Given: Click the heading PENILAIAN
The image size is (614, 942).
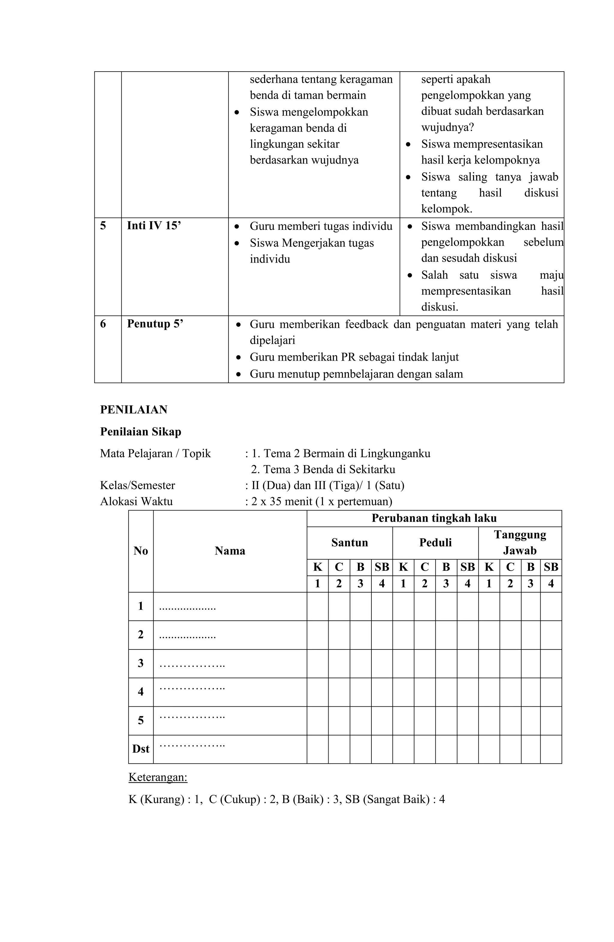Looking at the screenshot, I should [133, 410].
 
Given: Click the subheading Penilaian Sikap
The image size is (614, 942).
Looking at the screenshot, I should [141, 431].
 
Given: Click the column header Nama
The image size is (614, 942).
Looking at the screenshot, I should [230, 551].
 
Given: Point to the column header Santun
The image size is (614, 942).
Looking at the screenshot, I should [349, 542].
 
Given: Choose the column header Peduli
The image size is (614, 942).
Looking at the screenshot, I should [435, 542].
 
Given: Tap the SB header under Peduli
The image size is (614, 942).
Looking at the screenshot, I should [467, 567].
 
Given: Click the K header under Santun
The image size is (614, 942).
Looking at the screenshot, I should [317, 567].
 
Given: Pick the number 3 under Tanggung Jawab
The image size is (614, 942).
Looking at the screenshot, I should [530, 584].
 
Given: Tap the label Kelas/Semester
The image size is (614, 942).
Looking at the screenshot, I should [137, 485].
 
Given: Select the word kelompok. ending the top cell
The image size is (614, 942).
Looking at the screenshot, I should [446, 209].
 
